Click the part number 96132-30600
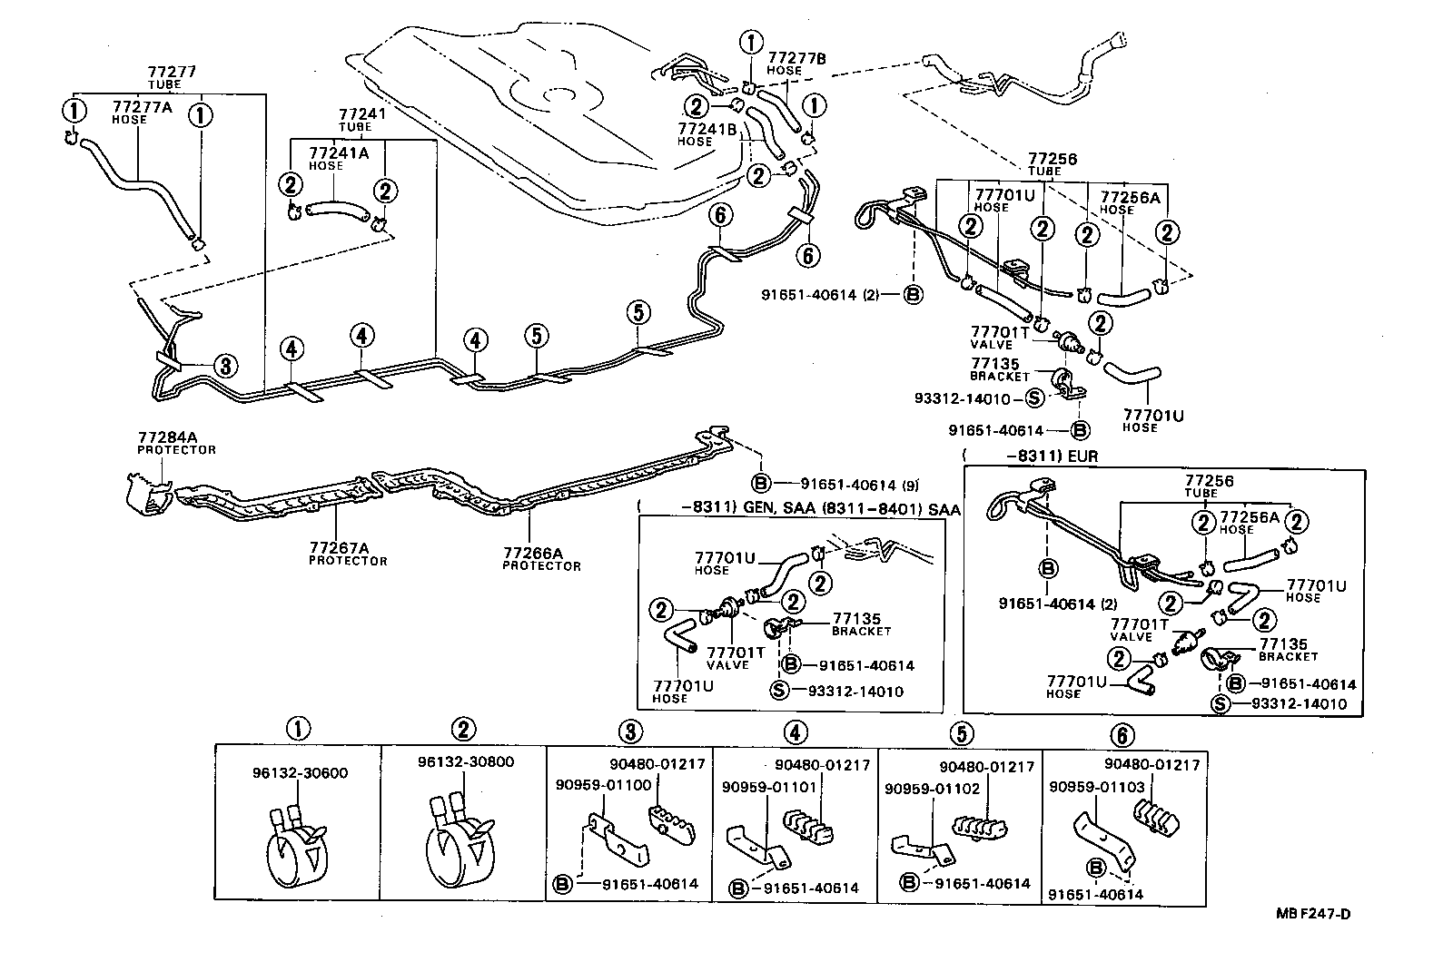point(300,773)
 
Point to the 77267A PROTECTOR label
point(347,554)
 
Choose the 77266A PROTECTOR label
point(541,558)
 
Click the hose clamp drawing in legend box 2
point(458,839)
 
